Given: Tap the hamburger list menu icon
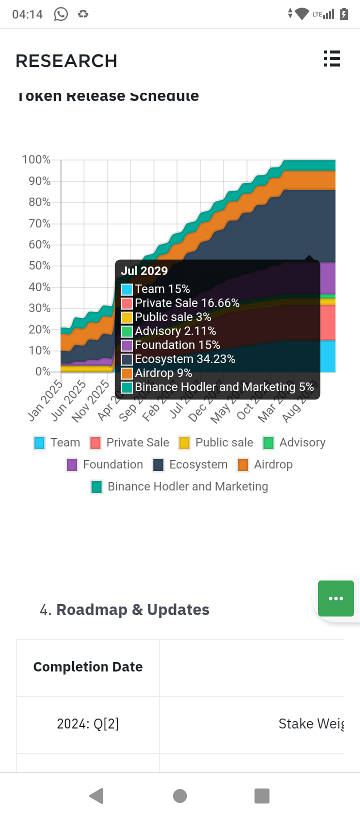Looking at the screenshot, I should coord(331,58).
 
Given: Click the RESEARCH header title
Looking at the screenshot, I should coord(66,61).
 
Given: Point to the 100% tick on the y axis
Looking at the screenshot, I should coord(36,159).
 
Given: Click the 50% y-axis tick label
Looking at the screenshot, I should coord(39,265).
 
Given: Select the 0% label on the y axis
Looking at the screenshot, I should coord(42,371).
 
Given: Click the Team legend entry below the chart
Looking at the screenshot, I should coord(57,442).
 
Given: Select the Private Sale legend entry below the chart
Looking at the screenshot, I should coord(129,442).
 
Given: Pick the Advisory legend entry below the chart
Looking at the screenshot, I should coord(294,442).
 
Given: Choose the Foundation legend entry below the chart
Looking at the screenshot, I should coord(104,464).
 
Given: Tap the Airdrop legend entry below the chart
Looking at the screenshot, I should coord(265,464).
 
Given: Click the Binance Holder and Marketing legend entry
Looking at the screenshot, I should coord(179,486).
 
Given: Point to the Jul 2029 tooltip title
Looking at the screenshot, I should coord(144,270).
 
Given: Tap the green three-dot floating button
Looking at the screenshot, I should coord(336,598).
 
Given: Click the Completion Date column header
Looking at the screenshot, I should coord(88,667).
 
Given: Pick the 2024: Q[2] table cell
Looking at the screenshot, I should coord(88,724).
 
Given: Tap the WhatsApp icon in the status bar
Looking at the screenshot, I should coord(61,14).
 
